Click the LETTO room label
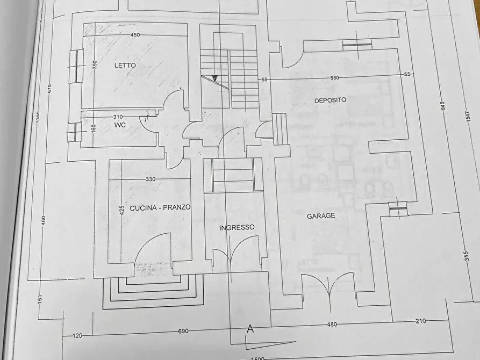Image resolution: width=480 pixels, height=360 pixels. (125, 65)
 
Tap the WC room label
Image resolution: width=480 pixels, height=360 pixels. (119, 125)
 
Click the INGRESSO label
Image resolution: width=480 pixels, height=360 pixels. (237, 227)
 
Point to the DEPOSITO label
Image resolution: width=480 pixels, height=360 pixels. (331, 100)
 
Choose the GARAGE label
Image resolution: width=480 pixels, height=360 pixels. (321, 215)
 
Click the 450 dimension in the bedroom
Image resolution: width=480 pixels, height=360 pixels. (135, 35)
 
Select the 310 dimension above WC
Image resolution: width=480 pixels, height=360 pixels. (119, 117)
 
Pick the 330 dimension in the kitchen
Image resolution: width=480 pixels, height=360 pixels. (151, 179)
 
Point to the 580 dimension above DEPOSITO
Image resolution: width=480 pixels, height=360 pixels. (335, 78)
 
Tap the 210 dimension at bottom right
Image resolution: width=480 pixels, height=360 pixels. (420, 321)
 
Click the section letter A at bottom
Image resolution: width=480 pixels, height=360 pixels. (249, 329)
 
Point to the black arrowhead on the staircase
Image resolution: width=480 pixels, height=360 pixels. (215, 78)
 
